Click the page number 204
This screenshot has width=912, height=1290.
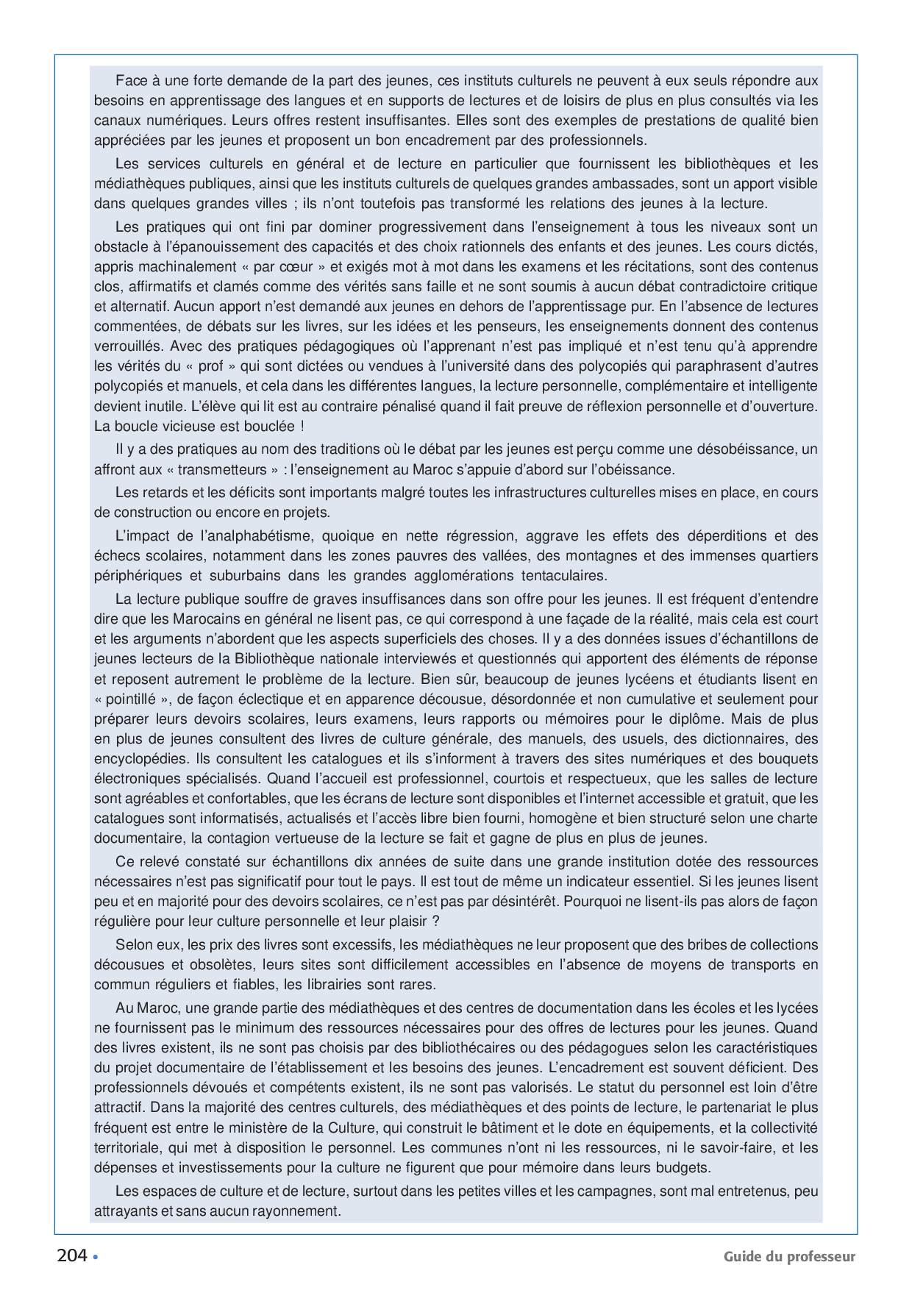(72, 1255)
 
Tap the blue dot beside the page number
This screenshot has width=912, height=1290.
(96, 1256)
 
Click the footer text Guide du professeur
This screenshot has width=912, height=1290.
(789, 1256)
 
